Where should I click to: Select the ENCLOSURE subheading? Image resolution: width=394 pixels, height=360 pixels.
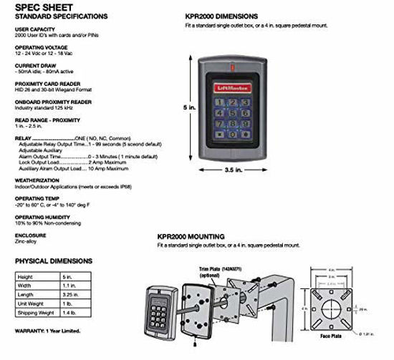(x=31, y=234)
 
